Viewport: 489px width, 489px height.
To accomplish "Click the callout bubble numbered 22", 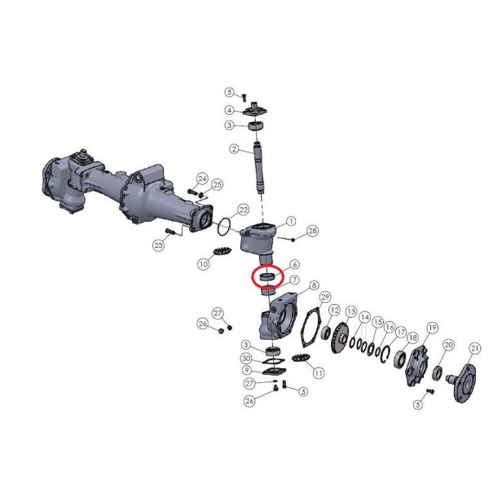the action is click(x=243, y=209).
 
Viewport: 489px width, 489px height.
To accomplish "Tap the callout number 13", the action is click(x=351, y=311).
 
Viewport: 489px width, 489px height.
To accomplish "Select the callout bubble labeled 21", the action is click(x=474, y=349).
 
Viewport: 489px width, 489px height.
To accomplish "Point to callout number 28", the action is click(x=312, y=231).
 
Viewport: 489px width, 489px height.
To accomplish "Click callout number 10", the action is click(x=203, y=264).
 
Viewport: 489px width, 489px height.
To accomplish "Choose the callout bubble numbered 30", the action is click(x=246, y=359).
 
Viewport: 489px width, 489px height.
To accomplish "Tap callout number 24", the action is click(x=202, y=178).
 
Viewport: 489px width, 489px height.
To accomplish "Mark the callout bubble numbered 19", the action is click(x=433, y=328).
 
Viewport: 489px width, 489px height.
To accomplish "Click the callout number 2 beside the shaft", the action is click(x=235, y=149).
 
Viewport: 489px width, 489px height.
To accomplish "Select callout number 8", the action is click(x=314, y=285).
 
